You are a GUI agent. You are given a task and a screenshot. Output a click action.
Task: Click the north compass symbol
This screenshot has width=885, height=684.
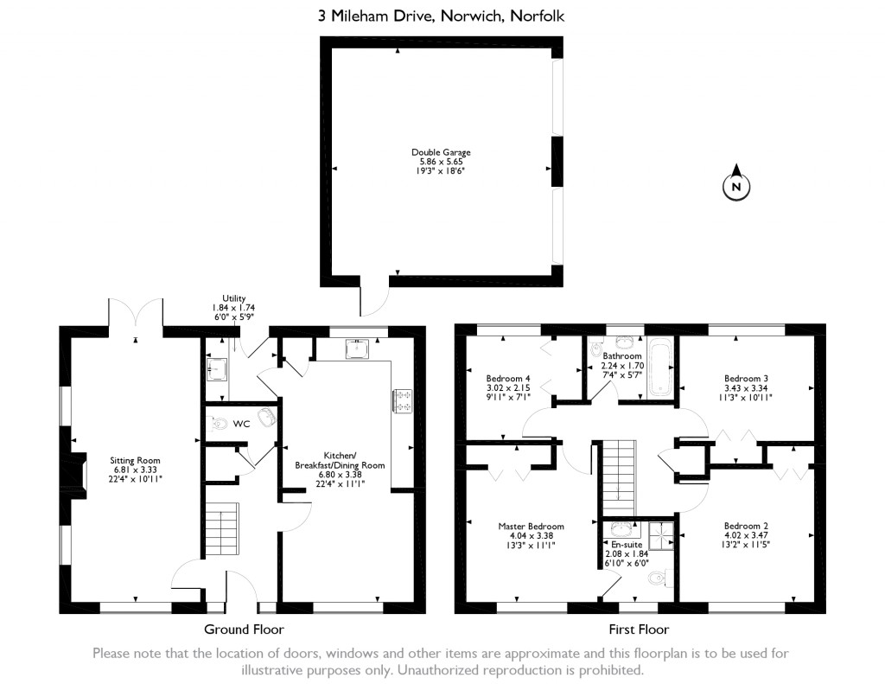pyautogui.click(x=736, y=182)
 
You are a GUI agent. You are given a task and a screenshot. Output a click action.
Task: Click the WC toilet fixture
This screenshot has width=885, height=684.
pyautogui.click(x=214, y=422)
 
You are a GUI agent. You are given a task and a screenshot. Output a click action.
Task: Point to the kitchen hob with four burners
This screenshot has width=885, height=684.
pyautogui.click(x=403, y=400)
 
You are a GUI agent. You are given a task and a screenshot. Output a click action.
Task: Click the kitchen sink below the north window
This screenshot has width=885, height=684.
pyautogui.click(x=357, y=349)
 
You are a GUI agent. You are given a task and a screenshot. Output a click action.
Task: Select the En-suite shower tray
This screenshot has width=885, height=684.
pyautogui.click(x=661, y=535)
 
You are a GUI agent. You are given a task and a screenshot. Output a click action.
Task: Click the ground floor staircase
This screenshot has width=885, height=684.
pyautogui.click(x=222, y=529)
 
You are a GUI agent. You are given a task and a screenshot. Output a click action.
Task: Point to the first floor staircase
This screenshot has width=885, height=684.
pyautogui.click(x=619, y=477)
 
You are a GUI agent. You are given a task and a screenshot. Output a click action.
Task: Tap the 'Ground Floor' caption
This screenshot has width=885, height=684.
pyautogui.click(x=244, y=630)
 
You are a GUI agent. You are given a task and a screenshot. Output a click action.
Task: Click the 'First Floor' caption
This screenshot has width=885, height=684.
pyautogui.click(x=639, y=630)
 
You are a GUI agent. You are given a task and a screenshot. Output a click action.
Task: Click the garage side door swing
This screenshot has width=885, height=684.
pyautogui.click(x=372, y=298)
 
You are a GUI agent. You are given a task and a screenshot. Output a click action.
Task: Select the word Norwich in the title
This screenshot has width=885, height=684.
pyautogui.click(x=472, y=16)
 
